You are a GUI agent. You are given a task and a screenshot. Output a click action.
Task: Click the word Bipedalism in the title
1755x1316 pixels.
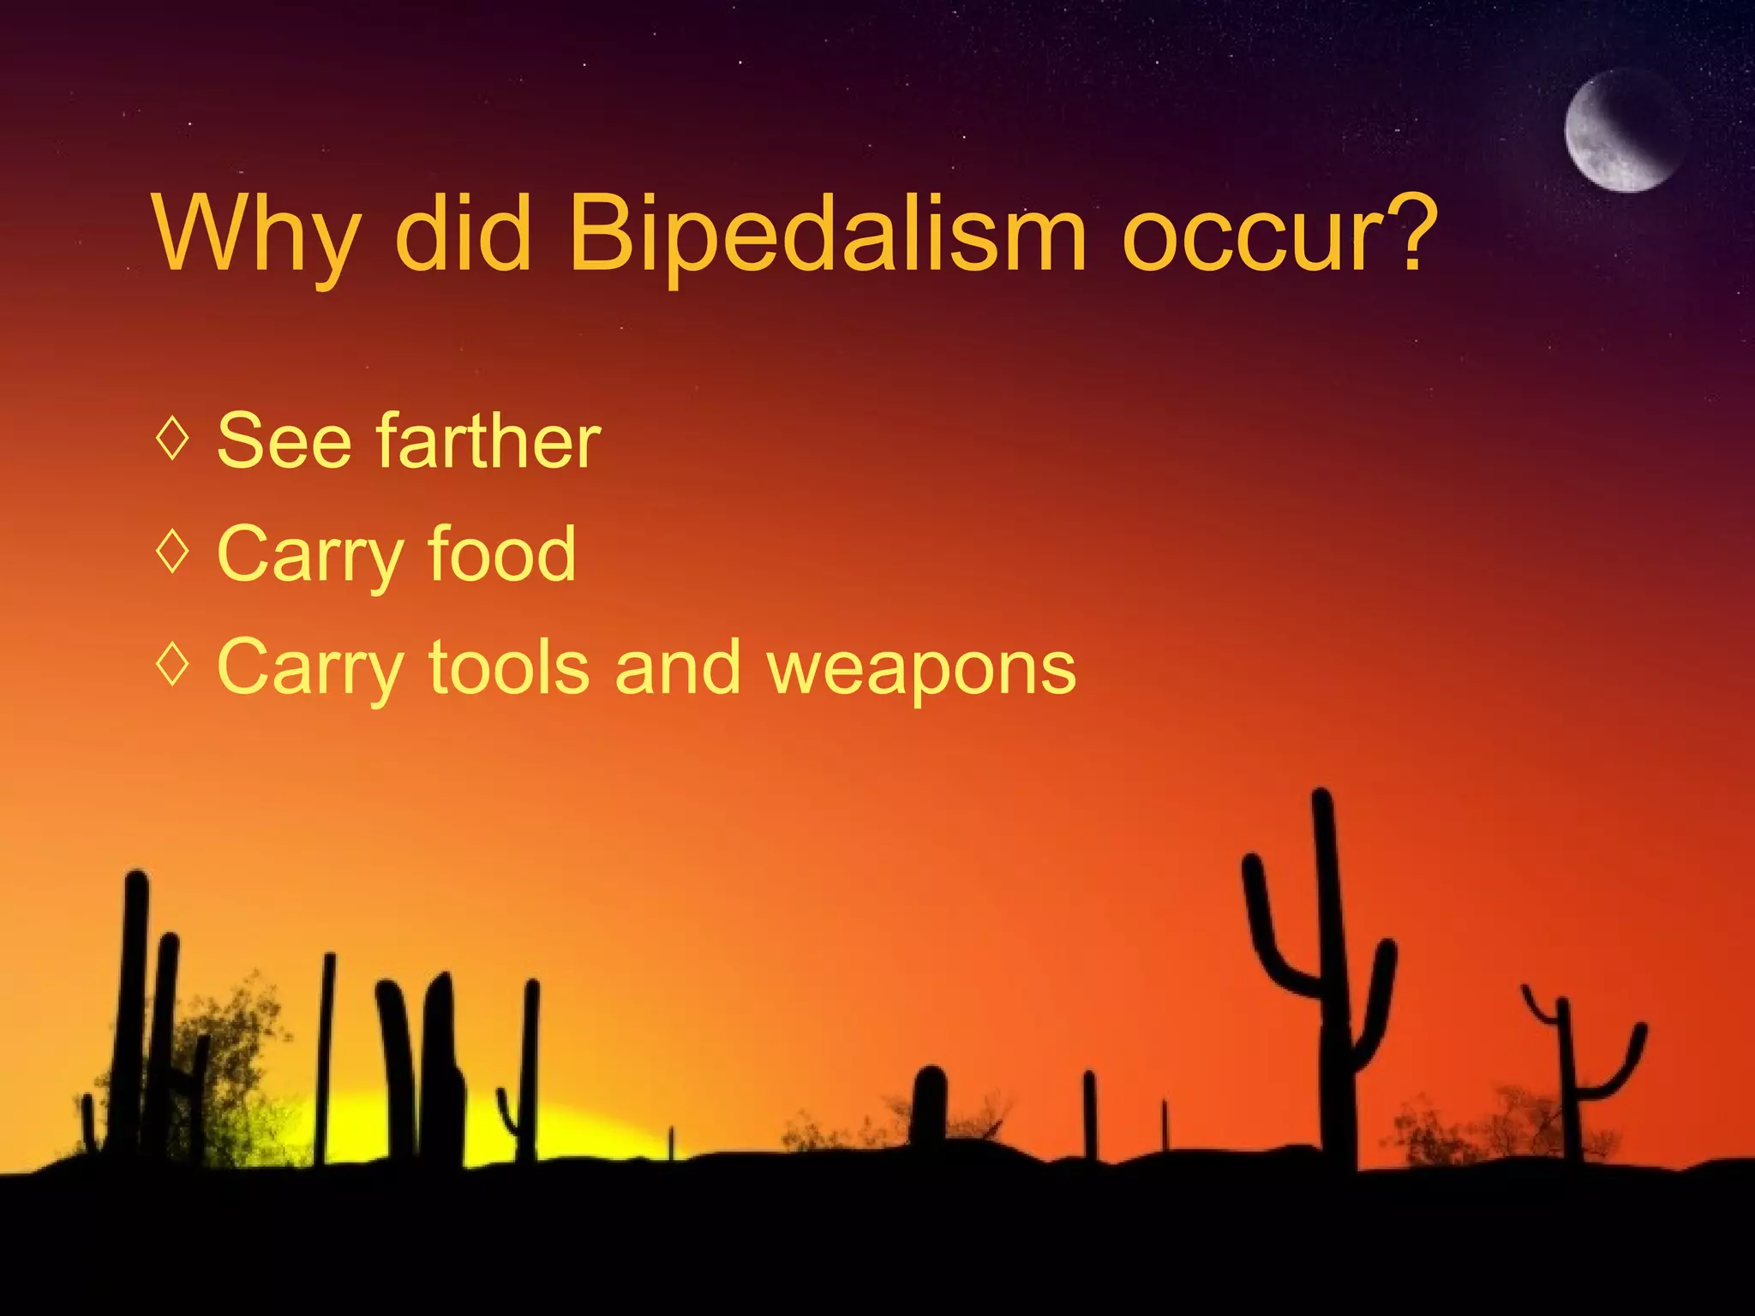coord(827,233)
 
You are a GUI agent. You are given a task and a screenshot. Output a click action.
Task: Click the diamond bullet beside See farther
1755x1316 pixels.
coord(173,439)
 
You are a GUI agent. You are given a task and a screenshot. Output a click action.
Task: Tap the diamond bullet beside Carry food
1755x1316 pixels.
coord(173,553)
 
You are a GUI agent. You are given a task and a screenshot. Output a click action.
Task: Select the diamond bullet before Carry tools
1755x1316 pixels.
coord(173,666)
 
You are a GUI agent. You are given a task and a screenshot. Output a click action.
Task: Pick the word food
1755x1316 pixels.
coord(501,554)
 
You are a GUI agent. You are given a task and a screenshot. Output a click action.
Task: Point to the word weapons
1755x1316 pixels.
coord(921,668)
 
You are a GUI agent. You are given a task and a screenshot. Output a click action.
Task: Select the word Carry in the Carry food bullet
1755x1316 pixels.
coord(310,555)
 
